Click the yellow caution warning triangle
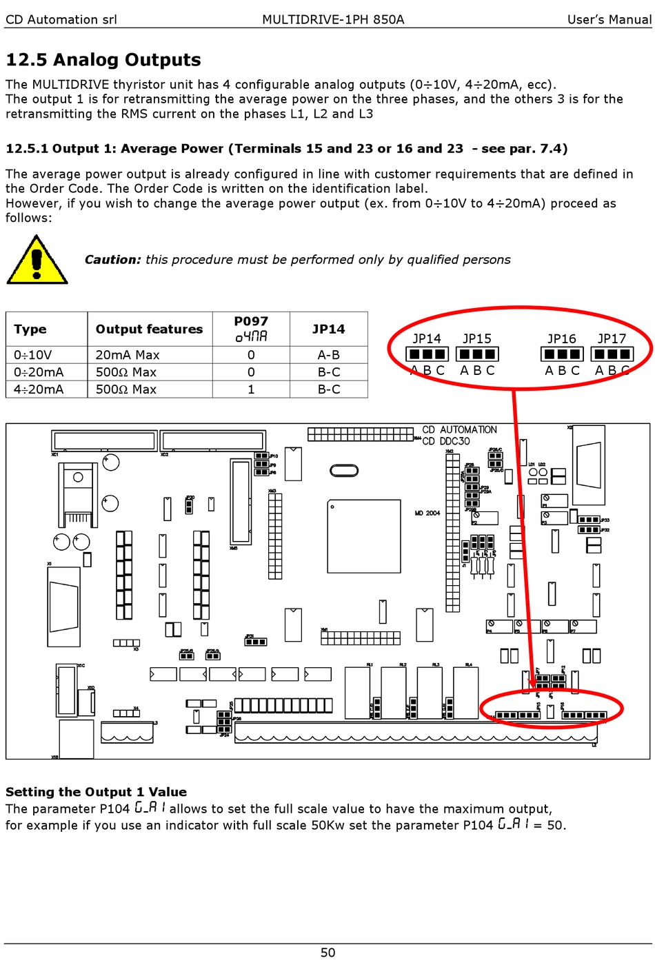[37, 261]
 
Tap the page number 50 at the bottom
[327, 953]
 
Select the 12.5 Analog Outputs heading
[103, 60]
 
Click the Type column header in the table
[30, 329]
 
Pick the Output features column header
[149, 329]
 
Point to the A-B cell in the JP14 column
[328, 355]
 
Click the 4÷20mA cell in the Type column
[39, 389]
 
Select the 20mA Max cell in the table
[128, 355]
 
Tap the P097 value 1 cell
[251, 389]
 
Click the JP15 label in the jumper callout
[476, 339]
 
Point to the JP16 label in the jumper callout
[561, 339]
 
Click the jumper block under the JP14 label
[427, 354]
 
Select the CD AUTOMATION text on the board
[459, 430]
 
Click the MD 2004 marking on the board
[427, 513]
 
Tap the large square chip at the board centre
[364, 536]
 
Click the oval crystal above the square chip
[344, 471]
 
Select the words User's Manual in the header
[609, 19]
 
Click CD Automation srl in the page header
[61, 19]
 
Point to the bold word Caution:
[112, 260]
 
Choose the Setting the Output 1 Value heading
[96, 792]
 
